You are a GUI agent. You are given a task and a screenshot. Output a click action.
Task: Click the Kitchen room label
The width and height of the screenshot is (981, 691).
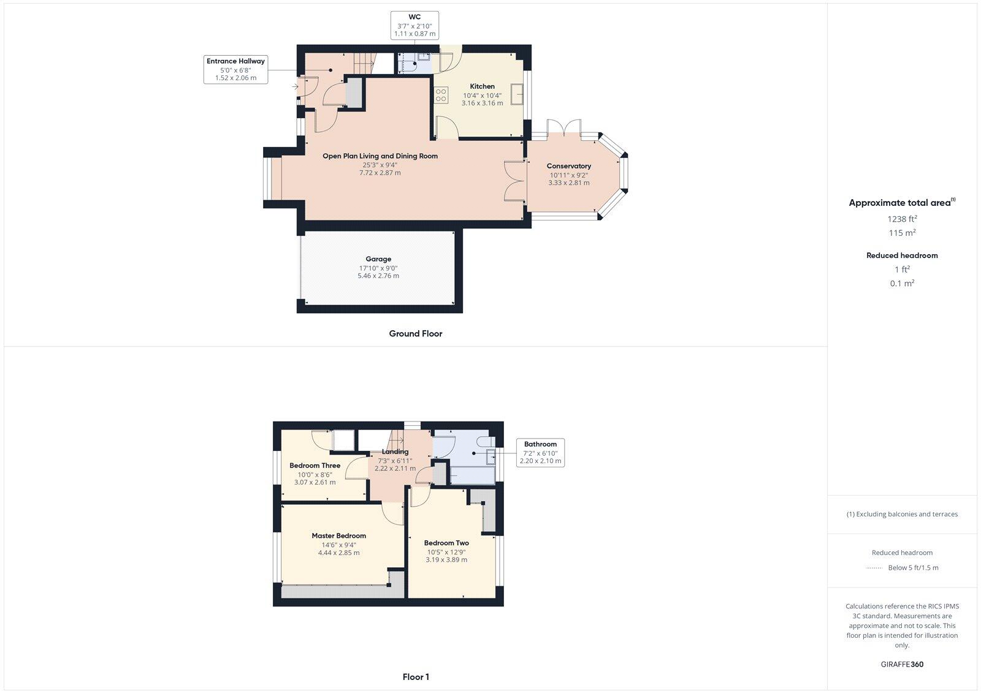482,86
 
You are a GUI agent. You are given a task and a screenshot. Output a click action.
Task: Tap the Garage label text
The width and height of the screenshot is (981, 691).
378,259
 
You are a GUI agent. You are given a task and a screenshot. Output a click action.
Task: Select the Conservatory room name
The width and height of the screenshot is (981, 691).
568,166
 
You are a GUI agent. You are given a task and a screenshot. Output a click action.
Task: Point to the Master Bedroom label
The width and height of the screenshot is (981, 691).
338,536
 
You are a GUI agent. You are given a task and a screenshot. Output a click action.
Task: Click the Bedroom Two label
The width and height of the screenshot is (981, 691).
446,543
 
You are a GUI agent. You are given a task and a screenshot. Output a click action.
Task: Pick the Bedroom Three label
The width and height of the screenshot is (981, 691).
315,466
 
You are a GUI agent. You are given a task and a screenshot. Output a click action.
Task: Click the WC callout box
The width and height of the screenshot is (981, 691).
414,25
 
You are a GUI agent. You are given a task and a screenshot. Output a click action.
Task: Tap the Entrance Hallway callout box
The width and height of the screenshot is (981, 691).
235,69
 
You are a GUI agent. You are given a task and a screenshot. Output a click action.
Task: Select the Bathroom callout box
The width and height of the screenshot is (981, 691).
540,453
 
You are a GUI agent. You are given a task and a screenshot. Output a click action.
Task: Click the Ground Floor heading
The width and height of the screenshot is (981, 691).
415,334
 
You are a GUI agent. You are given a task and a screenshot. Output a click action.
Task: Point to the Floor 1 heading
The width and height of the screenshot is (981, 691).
416,677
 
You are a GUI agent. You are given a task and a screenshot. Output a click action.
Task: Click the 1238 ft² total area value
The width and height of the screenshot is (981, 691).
902,219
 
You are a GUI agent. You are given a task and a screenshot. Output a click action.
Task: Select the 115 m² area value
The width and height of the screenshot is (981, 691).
902,233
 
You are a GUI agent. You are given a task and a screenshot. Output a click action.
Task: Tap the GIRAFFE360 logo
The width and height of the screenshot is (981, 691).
902,664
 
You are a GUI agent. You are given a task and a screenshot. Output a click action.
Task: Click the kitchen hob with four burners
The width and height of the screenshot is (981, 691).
441,95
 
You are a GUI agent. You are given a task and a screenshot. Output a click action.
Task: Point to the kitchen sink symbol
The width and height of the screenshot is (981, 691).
516,95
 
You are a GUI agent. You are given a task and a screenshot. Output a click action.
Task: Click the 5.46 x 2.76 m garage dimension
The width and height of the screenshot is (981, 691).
378,276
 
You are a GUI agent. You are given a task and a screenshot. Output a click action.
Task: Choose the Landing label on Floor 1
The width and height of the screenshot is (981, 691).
395,452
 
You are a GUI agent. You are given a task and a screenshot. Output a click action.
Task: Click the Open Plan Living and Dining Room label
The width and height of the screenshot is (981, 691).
380,156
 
